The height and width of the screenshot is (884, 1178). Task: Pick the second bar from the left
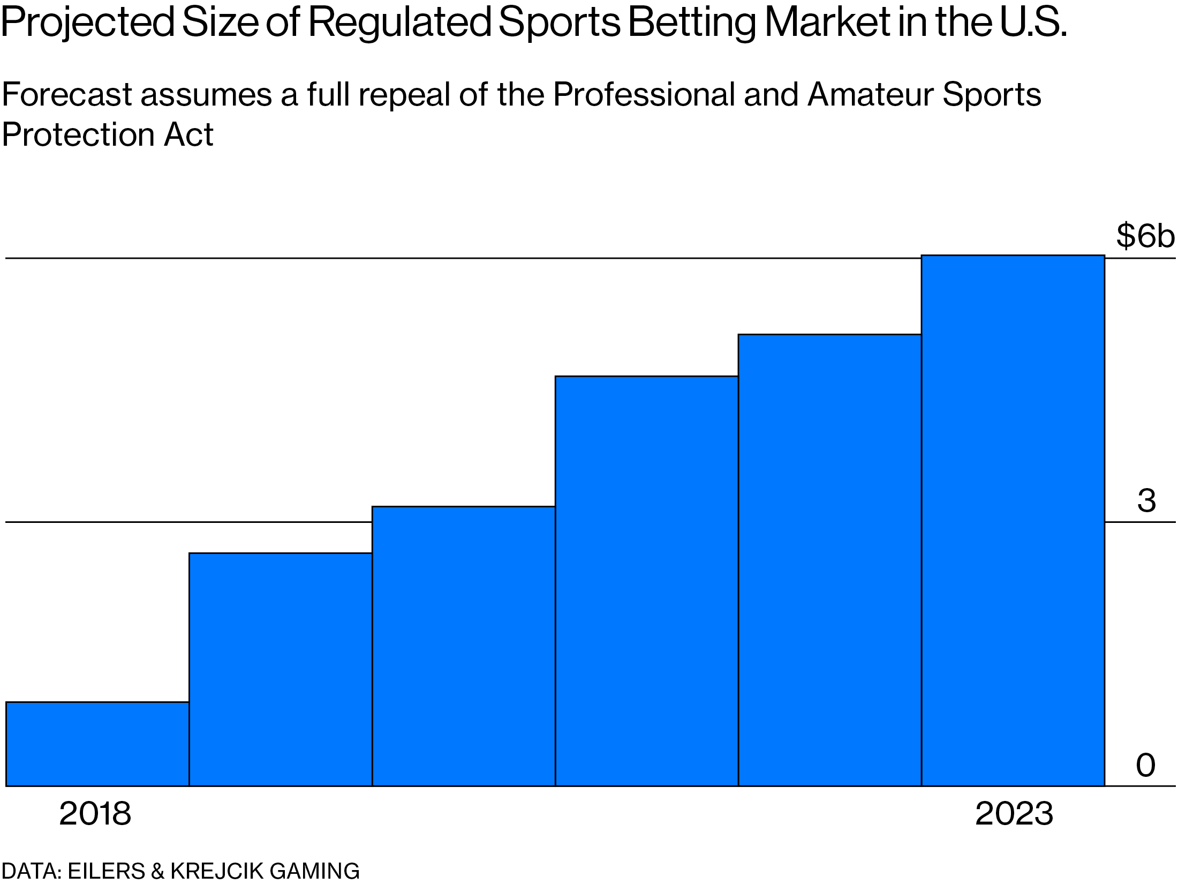(x=280, y=669)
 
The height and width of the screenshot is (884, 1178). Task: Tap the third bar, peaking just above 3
(x=463, y=646)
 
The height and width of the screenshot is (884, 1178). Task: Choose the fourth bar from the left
(x=646, y=581)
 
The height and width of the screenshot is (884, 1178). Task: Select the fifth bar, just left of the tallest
(x=829, y=560)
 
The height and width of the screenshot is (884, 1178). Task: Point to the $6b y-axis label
(x=1145, y=236)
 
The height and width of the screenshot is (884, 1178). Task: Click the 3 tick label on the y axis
(x=1146, y=501)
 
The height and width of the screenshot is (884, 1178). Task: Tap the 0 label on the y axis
(x=1145, y=765)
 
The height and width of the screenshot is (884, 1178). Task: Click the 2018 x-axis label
(x=95, y=814)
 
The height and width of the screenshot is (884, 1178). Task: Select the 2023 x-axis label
(x=1014, y=814)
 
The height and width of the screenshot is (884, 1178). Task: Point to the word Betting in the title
(x=691, y=23)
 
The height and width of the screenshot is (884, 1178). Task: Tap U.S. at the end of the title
(x=1033, y=23)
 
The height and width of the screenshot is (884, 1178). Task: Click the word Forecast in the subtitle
(x=67, y=95)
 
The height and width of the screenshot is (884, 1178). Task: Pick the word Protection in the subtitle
(x=78, y=134)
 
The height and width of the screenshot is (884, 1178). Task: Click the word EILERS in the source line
(x=106, y=871)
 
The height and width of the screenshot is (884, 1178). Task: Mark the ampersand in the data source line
(x=157, y=871)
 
